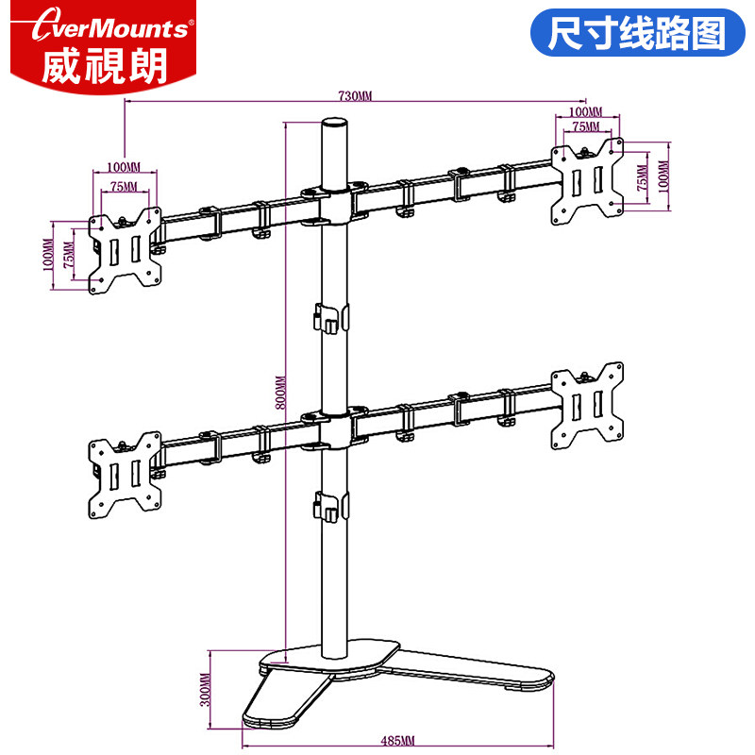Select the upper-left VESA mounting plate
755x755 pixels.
[x=125, y=248]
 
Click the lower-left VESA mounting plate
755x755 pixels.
[x=124, y=475]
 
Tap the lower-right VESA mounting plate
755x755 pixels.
[x=587, y=403]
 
